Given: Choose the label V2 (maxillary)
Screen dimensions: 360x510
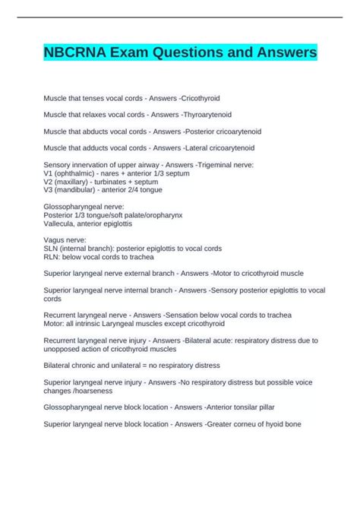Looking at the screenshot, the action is coord(71,182).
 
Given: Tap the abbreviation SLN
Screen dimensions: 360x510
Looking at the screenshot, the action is coord(52,248).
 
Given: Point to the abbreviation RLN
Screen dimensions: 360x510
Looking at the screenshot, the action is coord(52,256).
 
